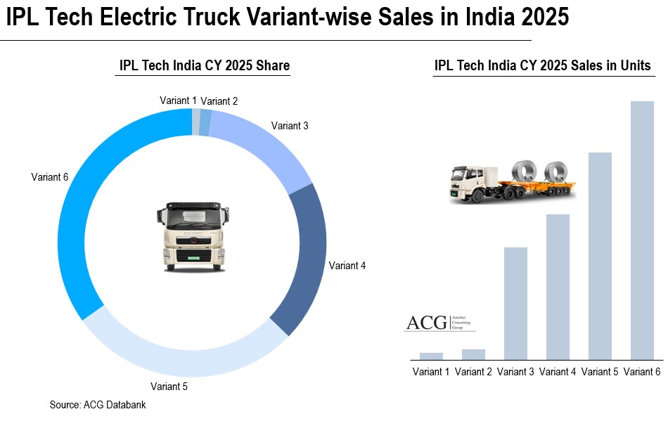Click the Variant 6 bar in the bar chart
coord(642,230)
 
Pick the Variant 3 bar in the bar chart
coord(515,303)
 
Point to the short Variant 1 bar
coord(431,356)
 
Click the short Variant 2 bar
coord(473,354)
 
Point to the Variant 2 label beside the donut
coord(219,101)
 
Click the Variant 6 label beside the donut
coord(49,177)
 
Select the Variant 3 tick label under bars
coord(515,372)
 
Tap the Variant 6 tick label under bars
coord(642,372)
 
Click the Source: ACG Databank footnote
coord(98,405)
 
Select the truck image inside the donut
coord(192,237)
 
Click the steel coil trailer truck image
coord(513,181)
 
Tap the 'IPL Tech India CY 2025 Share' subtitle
coord(204,66)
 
